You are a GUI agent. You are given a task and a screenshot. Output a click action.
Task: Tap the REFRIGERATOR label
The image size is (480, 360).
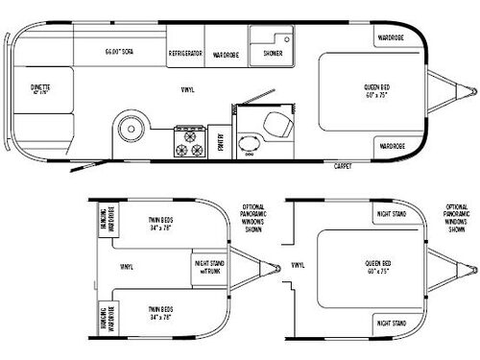click(x=184, y=55)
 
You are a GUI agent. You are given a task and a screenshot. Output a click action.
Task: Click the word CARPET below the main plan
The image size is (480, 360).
click(x=342, y=166)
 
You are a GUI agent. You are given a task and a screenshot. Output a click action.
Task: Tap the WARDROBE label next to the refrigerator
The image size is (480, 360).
click(x=225, y=55)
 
